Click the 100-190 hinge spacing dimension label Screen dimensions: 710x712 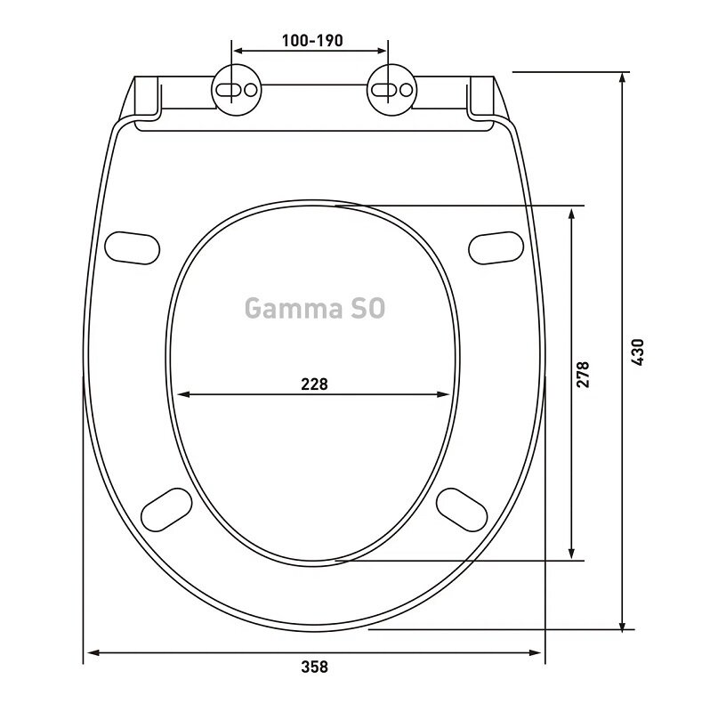[x=312, y=40]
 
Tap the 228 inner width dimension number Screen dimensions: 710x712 [x=314, y=384]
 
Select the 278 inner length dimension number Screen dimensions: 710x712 [x=583, y=374]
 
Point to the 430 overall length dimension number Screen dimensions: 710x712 [x=637, y=352]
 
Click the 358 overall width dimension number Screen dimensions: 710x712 [x=314, y=667]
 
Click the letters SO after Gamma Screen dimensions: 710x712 [x=367, y=308]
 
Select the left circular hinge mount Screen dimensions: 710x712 [x=237, y=90]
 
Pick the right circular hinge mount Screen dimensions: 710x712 [x=391, y=90]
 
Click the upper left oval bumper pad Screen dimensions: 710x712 [x=132, y=248]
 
